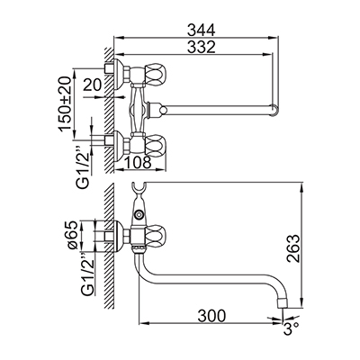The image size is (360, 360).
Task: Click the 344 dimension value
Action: click(202, 31)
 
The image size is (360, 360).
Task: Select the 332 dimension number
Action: click(202, 47)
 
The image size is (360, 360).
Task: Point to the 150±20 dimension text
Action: click(66, 103)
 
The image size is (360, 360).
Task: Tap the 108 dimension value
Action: click(138, 162)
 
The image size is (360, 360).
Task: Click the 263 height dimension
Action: click(293, 248)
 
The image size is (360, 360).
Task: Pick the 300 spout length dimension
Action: click(211, 315)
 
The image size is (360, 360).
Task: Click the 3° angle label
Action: click(291, 331)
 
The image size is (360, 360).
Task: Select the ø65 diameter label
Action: click(72, 236)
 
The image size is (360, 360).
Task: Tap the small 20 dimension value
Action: click(93, 85)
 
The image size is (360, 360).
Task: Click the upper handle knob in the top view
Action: click(156, 73)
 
